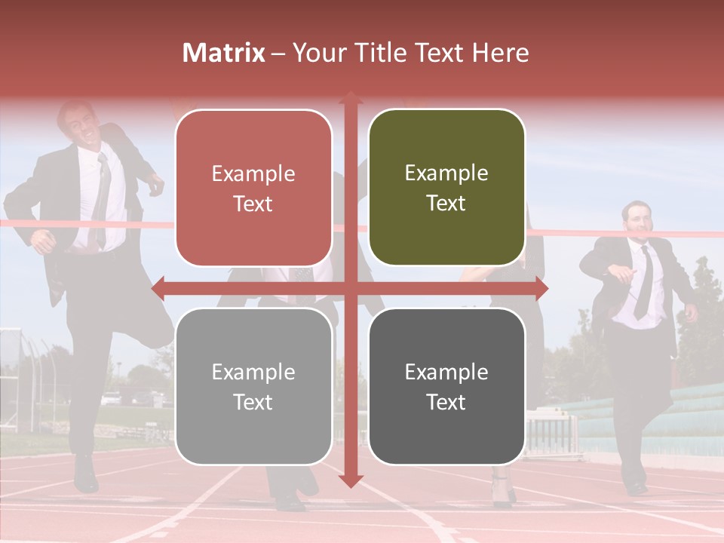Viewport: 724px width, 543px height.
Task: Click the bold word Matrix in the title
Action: (224, 53)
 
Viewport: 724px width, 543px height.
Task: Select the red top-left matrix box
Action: (253, 188)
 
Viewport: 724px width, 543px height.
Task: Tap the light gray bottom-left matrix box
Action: (253, 386)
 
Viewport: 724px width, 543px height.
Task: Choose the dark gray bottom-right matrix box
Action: (446, 386)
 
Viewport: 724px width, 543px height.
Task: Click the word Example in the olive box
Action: (446, 173)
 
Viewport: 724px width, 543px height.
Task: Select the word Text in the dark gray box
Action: (446, 402)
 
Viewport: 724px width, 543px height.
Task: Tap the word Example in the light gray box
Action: (253, 372)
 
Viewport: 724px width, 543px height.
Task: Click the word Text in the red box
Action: (253, 204)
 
